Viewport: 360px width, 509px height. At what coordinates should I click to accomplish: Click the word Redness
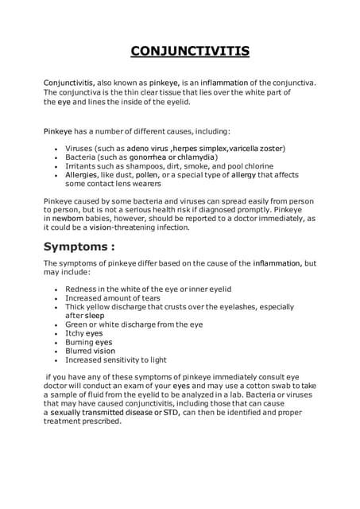point(81,289)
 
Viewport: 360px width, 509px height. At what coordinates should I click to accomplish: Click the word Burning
point(79,342)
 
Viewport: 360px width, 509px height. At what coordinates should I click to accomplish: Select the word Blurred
point(79,351)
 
